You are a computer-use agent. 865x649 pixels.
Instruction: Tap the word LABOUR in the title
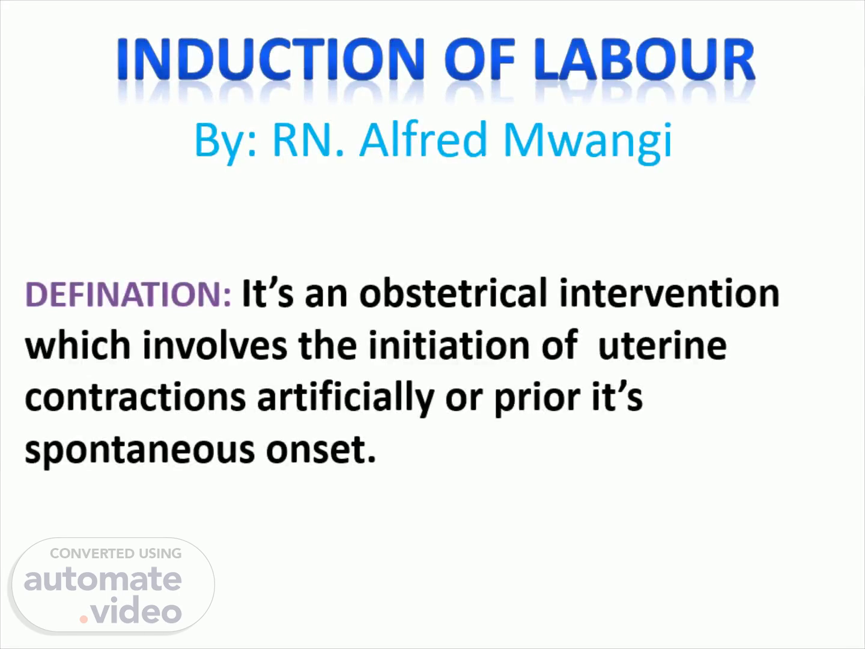point(645,59)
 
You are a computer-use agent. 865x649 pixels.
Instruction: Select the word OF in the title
point(480,59)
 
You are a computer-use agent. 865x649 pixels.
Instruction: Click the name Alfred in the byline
point(423,139)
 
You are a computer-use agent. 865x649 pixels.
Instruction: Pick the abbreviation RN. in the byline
point(308,139)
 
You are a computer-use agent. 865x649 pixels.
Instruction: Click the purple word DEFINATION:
point(128,294)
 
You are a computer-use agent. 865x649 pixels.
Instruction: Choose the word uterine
point(663,346)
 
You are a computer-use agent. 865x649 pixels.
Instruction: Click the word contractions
point(136,397)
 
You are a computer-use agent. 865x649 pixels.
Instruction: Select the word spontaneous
point(140,451)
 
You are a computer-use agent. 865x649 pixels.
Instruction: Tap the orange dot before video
point(83,619)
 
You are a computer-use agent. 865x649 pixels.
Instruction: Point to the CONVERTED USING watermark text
point(116,553)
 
